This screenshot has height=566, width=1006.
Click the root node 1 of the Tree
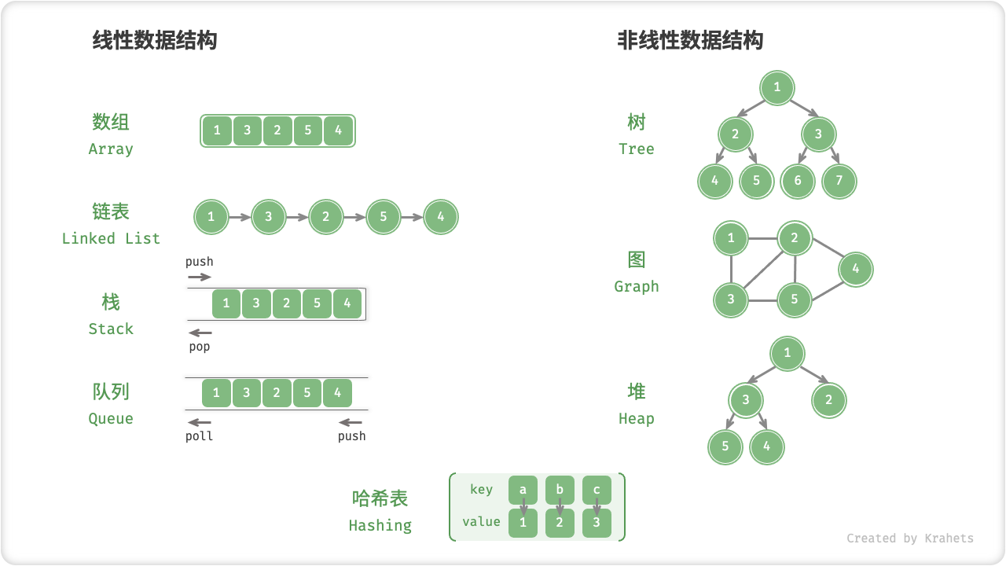[777, 87]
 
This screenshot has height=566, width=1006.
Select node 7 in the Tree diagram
[839, 182]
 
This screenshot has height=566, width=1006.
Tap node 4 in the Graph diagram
[856, 269]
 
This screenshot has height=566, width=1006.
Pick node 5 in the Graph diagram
[795, 300]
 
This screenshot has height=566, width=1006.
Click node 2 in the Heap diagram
[828, 400]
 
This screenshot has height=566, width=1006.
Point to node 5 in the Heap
[725, 447]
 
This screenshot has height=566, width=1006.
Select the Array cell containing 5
[307, 130]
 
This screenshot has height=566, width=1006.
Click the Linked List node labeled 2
[326, 217]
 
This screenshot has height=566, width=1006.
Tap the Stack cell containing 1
[226, 303]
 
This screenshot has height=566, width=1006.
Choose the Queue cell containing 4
[337, 393]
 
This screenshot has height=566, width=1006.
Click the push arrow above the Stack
[200, 277]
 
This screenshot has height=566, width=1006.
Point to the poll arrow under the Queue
[200, 423]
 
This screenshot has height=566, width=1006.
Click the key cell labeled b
[560, 491]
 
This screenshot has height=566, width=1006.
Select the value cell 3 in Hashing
[597, 523]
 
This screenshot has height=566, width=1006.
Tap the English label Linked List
[111, 238]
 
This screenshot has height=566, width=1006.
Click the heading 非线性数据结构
[690, 40]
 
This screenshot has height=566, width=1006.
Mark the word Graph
[637, 286]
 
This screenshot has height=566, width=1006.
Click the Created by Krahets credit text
[909, 538]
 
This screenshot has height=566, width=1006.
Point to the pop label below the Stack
[200, 347]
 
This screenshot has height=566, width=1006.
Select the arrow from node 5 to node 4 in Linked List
[412, 217]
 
